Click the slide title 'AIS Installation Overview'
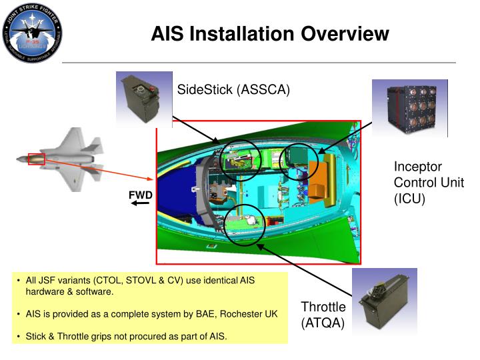tap(269, 33)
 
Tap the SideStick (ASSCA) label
tap(233, 90)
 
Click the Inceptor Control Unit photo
tap(409, 108)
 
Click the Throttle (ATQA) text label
tap(323, 315)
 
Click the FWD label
tap(141, 195)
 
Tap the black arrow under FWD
tap(140, 203)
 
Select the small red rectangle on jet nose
tap(36, 159)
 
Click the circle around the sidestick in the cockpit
tap(239, 161)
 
